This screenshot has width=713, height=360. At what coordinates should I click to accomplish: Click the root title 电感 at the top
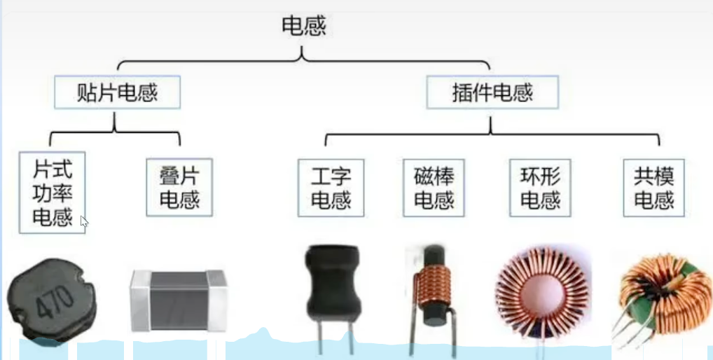pos(303,27)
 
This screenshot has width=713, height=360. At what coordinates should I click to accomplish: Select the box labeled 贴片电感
pos(117,92)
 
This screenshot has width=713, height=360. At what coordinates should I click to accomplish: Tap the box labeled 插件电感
pos(492,92)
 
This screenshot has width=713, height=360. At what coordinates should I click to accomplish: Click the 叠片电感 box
pos(179,187)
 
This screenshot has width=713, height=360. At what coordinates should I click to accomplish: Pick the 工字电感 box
pos(331,187)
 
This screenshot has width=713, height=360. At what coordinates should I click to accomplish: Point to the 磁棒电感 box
pos(434,187)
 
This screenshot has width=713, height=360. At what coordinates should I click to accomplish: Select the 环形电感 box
pos(541,187)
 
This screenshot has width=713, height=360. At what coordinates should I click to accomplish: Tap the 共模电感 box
pos(653,187)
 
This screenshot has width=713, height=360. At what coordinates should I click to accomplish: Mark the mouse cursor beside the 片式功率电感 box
pos(84,222)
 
